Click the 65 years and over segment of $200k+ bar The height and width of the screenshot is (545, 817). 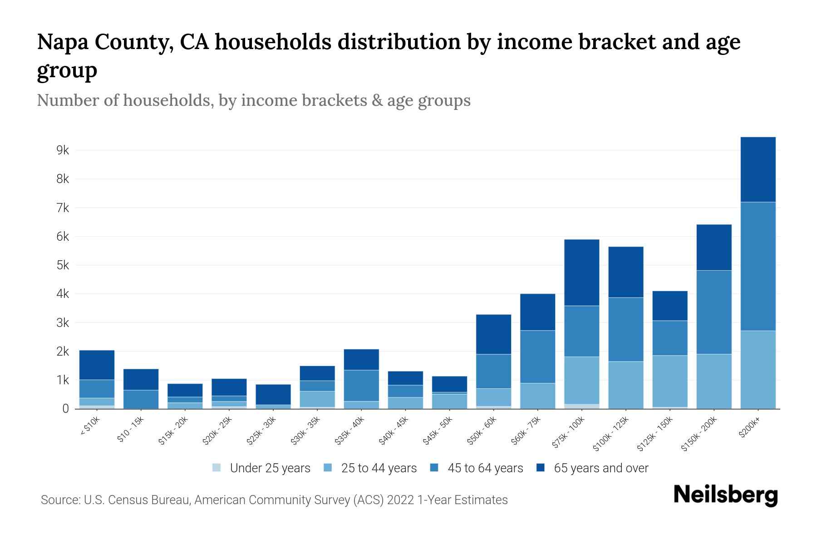pyautogui.click(x=758, y=169)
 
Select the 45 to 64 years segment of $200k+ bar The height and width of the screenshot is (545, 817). pyautogui.click(x=758, y=266)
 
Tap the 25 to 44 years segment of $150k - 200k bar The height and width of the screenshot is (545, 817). pyautogui.click(x=714, y=381)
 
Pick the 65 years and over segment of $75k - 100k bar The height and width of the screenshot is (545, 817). pyautogui.click(x=581, y=272)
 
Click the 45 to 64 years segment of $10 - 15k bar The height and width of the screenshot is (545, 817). pyautogui.click(x=141, y=399)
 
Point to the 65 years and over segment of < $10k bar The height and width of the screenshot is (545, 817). pyautogui.click(x=97, y=365)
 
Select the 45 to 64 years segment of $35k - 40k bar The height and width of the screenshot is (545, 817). pyautogui.click(x=361, y=386)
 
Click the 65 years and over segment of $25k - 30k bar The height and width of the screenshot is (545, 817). pyautogui.click(x=273, y=394)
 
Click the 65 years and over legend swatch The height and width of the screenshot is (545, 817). pyautogui.click(x=541, y=468)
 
